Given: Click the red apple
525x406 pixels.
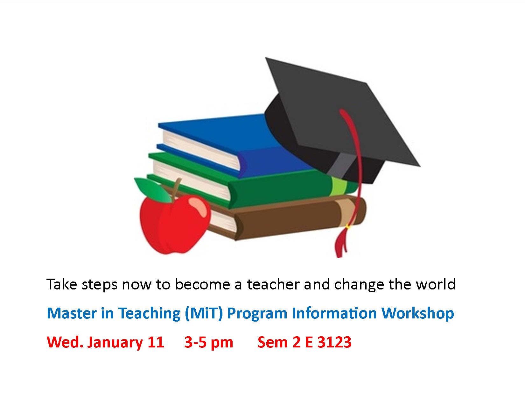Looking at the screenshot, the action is [174, 225].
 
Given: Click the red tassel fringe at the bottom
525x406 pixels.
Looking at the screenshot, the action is [341, 242].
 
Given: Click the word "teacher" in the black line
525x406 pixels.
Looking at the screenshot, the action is [273, 284].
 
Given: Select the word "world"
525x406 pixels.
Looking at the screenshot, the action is [435, 284].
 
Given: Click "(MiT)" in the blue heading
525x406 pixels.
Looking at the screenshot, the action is [204, 314].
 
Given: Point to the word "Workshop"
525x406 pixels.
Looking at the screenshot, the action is [418, 314].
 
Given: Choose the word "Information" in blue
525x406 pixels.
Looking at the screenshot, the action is [334, 314].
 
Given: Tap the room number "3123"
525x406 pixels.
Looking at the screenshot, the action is [334, 342].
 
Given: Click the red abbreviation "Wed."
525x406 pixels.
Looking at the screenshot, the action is [65, 342].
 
